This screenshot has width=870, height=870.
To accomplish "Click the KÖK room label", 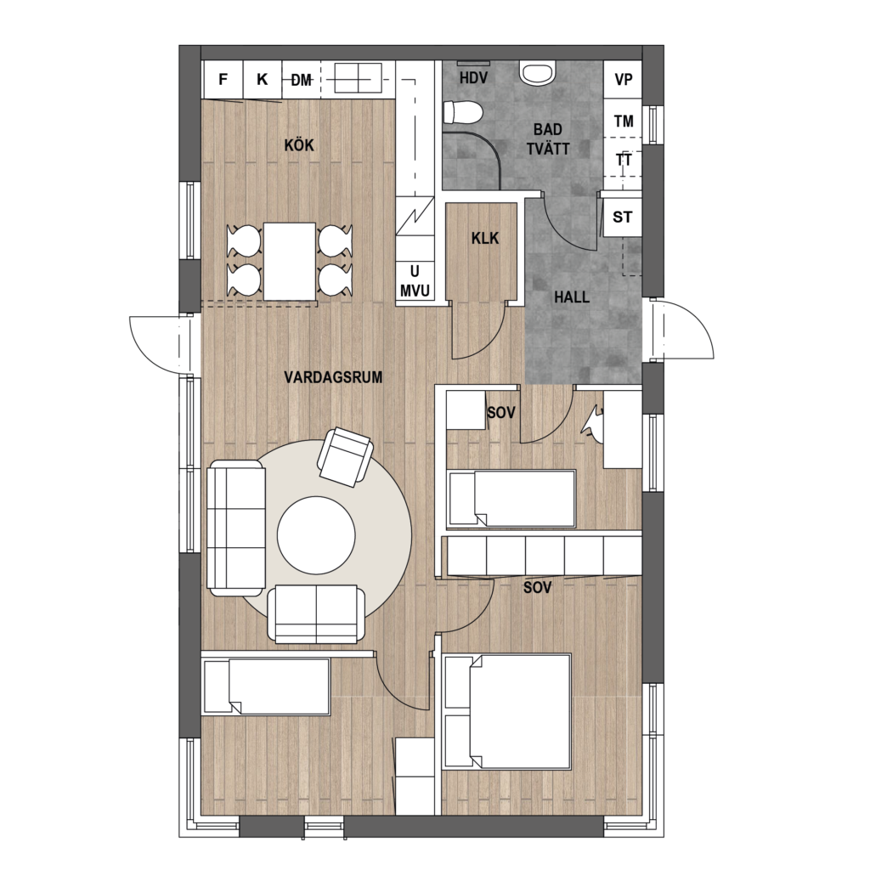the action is [299, 145].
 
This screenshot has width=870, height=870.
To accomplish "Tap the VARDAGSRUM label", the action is [333, 378].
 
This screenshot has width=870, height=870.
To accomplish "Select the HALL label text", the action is [572, 297].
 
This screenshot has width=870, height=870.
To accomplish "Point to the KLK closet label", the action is [485, 239].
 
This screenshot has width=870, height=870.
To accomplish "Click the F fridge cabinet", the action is [223, 79].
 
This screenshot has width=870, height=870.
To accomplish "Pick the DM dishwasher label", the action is [302, 81].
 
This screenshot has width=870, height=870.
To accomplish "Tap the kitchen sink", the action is [358, 77].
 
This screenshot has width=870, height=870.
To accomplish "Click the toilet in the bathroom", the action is [464, 113].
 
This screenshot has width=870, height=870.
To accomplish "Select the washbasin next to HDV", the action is [537, 73].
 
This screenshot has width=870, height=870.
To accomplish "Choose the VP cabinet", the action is [623, 79].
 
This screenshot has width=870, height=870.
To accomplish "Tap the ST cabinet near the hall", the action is [623, 217].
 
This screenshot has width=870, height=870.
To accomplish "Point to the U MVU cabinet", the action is [415, 281].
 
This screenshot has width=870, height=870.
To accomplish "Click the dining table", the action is [289, 262].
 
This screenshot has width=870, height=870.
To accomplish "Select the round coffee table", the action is [316, 535].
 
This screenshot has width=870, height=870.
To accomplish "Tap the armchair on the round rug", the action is [345, 457].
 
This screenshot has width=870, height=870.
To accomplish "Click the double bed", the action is [508, 712].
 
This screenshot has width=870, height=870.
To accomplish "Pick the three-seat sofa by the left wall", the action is [235, 528].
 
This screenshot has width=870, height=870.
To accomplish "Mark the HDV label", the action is [473, 78].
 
